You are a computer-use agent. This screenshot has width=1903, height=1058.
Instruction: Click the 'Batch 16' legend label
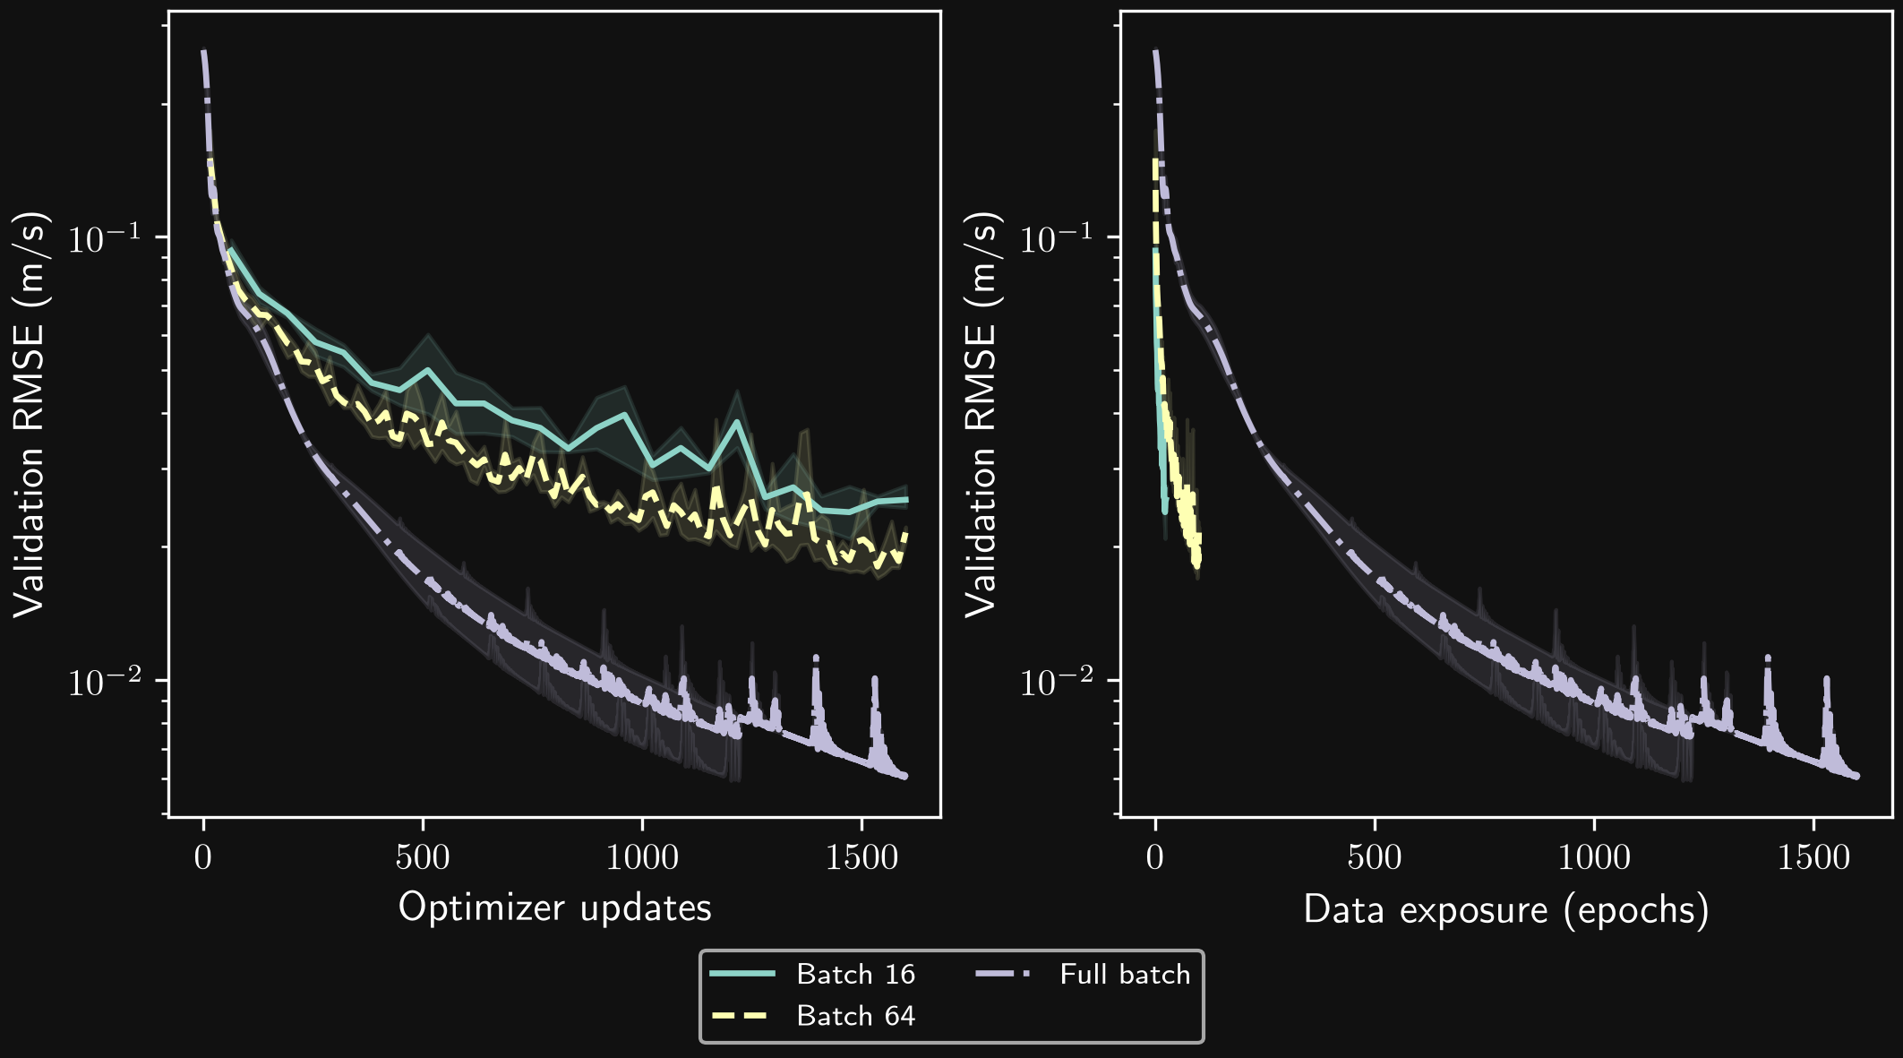855,974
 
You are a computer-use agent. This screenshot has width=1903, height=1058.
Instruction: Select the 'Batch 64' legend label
855,1016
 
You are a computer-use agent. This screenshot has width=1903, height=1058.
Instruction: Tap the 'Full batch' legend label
1125,974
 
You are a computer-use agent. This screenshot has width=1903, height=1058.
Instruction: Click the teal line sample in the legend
742,974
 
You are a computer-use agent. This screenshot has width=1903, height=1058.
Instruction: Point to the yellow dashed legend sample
742,1016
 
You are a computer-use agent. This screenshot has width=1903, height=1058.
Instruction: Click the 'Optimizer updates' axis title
555,908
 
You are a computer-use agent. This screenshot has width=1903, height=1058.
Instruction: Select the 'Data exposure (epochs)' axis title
1506,910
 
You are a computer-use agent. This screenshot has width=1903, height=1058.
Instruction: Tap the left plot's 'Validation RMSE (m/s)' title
30,415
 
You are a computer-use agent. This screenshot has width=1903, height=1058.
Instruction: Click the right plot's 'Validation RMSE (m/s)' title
982,415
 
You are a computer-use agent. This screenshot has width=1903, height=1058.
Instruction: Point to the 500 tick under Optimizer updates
423,857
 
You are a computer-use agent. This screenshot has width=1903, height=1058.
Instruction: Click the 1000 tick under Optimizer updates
642,857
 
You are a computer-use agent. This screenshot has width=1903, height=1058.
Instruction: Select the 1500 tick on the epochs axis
1813,857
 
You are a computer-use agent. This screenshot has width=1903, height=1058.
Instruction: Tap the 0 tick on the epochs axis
1155,857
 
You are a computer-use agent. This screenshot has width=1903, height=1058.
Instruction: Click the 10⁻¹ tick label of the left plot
105,237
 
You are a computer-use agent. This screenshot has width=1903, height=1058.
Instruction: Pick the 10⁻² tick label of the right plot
1057,681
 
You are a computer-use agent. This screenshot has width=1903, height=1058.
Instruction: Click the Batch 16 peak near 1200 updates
737,421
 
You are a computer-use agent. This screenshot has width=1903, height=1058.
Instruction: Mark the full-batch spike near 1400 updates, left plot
816,659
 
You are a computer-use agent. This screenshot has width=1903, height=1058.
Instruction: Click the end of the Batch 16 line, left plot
906,500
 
